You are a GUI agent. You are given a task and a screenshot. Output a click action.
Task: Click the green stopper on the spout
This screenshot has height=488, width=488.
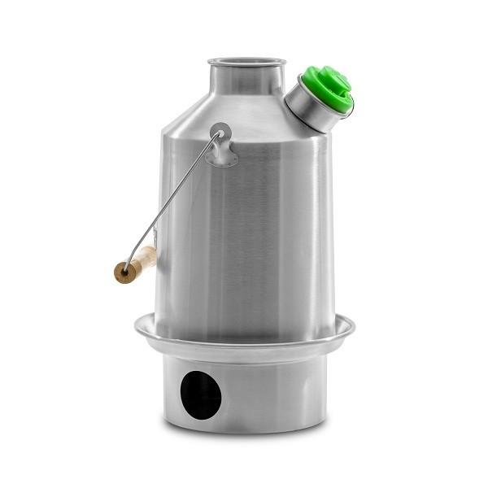click(328, 88)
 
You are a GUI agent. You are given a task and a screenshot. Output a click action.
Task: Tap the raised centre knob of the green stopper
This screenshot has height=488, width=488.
click(333, 81)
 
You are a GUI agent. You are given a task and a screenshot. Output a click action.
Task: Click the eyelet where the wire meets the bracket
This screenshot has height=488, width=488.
click(219, 133)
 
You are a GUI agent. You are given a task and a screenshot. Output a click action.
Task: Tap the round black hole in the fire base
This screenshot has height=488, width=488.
click(200, 394)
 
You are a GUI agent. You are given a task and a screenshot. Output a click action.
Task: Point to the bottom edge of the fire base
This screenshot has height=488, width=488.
click(244, 429)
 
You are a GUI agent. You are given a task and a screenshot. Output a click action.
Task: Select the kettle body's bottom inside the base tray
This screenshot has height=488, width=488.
click(244, 333)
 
